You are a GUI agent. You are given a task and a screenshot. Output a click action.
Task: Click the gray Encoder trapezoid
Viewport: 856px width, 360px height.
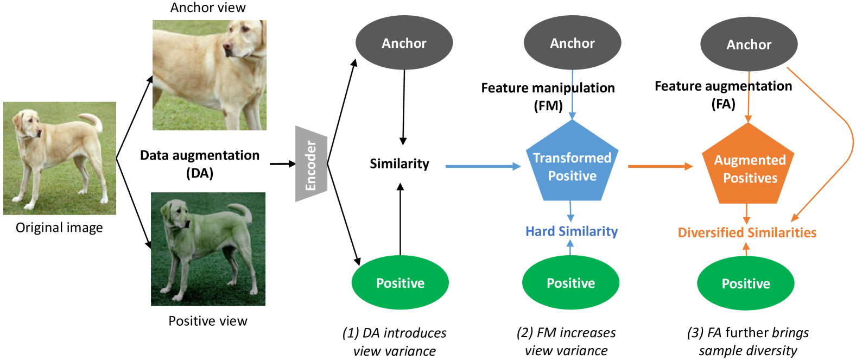click(311, 164)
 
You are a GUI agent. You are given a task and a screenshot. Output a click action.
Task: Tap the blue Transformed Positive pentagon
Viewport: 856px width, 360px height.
click(572, 166)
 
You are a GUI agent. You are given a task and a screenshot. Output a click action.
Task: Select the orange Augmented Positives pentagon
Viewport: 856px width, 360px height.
click(749, 168)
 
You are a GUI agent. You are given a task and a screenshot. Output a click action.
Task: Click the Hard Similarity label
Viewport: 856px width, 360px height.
click(572, 231)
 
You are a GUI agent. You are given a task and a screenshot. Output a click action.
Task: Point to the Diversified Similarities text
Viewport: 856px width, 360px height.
click(747, 232)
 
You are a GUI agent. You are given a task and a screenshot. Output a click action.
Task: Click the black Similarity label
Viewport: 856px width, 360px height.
click(399, 163)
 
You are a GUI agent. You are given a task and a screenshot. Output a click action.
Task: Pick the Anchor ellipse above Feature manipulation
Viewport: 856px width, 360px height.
click(572, 43)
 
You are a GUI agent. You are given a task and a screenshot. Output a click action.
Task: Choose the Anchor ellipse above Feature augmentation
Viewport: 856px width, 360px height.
click(749, 45)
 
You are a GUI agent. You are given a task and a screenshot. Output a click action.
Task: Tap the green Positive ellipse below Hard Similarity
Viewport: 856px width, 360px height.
click(570, 283)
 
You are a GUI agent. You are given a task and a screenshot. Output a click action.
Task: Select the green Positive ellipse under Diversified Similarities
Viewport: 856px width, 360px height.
click(745, 283)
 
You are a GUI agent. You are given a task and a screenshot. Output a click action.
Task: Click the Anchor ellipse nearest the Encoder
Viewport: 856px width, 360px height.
click(404, 43)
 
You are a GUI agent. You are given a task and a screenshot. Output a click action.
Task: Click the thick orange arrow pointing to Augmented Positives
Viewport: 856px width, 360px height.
click(660, 166)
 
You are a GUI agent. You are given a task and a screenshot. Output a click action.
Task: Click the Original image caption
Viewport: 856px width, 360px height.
click(59, 228)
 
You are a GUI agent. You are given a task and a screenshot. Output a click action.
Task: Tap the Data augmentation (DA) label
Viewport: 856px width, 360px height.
click(200, 164)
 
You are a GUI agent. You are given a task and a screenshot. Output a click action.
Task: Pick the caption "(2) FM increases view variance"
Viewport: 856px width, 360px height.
click(566, 342)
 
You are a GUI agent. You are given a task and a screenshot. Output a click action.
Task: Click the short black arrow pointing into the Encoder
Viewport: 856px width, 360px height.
click(282, 163)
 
